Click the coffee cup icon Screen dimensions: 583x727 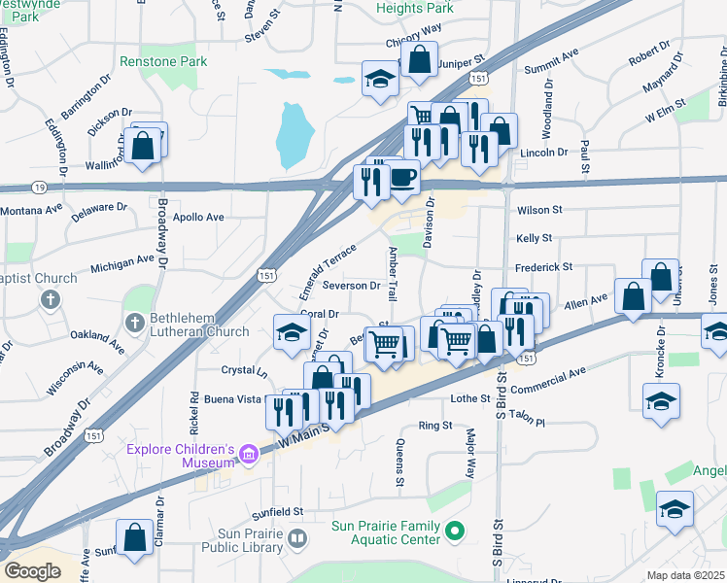[x=402, y=178]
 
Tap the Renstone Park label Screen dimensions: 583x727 [x=163, y=61]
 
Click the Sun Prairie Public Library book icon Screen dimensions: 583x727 [x=297, y=537]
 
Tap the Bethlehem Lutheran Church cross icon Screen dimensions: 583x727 [x=133, y=321]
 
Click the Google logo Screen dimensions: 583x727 [x=32, y=570]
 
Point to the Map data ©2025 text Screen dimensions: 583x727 [x=684, y=575]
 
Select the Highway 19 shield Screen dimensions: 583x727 [x=38, y=187]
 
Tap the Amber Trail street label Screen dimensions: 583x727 [x=394, y=273]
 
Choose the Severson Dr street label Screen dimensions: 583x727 [x=351, y=286]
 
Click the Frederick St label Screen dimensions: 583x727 [x=544, y=265]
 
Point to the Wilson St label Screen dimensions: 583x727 [x=540, y=209]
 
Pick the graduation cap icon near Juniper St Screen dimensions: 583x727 [x=380, y=81]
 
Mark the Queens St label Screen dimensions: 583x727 [x=399, y=463]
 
